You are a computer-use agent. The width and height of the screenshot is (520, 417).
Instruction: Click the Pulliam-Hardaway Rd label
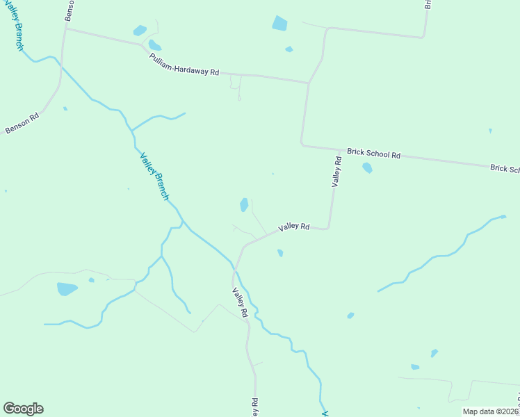click(184, 63)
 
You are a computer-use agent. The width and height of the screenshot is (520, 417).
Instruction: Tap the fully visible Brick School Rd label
click(374, 154)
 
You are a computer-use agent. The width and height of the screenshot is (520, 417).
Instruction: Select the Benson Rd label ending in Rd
click(22, 123)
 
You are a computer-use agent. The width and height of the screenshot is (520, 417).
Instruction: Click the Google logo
click(23, 409)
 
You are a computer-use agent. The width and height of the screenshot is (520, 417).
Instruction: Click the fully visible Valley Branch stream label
click(154, 177)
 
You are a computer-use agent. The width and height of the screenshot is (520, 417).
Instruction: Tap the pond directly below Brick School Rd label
click(367, 167)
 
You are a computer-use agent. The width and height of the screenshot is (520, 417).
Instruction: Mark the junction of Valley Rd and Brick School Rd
click(340, 149)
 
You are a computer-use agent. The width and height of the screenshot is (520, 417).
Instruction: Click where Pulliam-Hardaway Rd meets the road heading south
click(308, 83)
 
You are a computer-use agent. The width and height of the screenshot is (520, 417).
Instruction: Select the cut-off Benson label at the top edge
click(69, 10)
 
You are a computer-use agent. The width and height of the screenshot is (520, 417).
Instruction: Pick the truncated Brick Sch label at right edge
click(505, 168)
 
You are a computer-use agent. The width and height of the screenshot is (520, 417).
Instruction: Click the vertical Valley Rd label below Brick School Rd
click(336, 172)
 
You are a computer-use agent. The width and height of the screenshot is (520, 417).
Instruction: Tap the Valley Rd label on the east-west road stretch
click(293, 227)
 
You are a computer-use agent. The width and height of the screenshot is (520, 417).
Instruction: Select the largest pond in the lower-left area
click(67, 288)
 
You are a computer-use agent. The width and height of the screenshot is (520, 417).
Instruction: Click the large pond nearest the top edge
click(279, 24)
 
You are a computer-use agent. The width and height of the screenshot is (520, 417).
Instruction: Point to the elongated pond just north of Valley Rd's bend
click(244, 204)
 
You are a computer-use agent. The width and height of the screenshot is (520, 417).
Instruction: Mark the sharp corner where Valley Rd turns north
click(327, 228)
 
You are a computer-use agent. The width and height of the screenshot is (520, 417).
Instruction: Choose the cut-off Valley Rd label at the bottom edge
click(255, 407)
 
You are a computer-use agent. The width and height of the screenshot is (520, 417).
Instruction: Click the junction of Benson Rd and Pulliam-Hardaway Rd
click(66, 28)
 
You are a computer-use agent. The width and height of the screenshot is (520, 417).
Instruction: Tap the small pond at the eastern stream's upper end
click(503, 217)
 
